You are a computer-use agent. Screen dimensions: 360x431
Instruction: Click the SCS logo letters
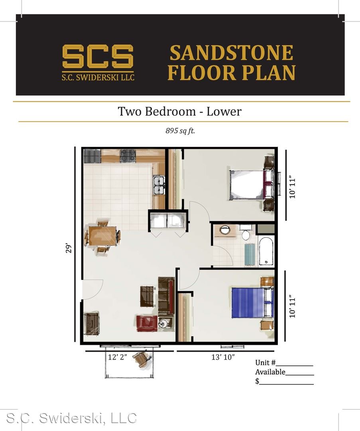(98, 57)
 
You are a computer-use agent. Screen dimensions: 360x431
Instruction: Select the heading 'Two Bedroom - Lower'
(179, 111)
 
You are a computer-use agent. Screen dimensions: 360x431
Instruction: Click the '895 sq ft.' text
(180, 130)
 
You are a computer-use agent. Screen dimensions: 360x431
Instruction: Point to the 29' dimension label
(69, 248)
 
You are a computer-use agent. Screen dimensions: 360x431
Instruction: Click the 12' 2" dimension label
(118, 357)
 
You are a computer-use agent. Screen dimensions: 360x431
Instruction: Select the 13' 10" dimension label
(223, 357)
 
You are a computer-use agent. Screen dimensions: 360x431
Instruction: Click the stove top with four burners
(128, 156)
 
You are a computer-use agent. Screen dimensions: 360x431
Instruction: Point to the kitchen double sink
(159, 186)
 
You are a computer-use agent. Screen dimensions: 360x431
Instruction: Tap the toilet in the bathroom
(246, 233)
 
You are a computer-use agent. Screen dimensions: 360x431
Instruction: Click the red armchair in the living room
(147, 323)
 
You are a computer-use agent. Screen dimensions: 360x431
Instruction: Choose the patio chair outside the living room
(142, 360)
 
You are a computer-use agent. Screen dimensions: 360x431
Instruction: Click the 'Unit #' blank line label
(265, 362)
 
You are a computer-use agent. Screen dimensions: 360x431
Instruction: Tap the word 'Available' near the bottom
(270, 372)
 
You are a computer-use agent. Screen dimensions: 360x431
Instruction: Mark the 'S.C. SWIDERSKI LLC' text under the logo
(98, 77)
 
